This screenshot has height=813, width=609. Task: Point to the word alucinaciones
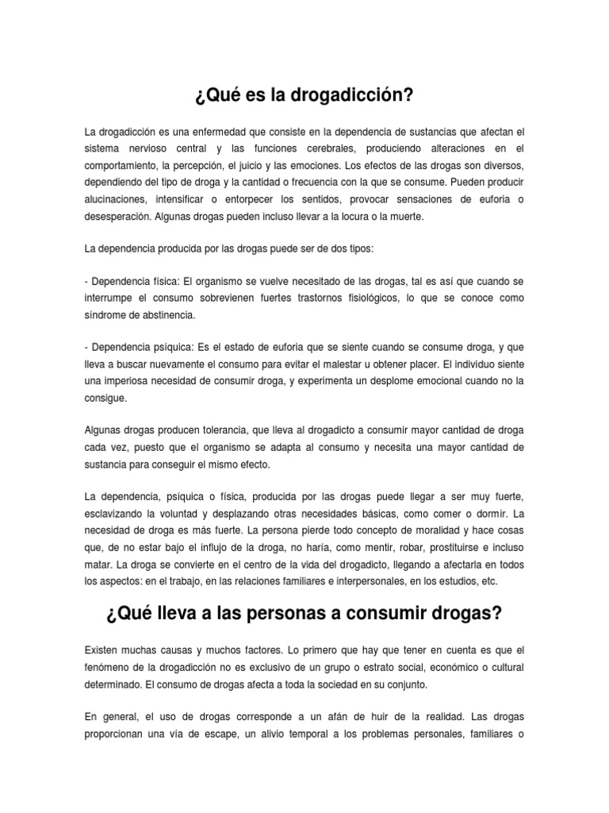coord(114,199)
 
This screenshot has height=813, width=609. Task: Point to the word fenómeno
coord(108,665)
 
